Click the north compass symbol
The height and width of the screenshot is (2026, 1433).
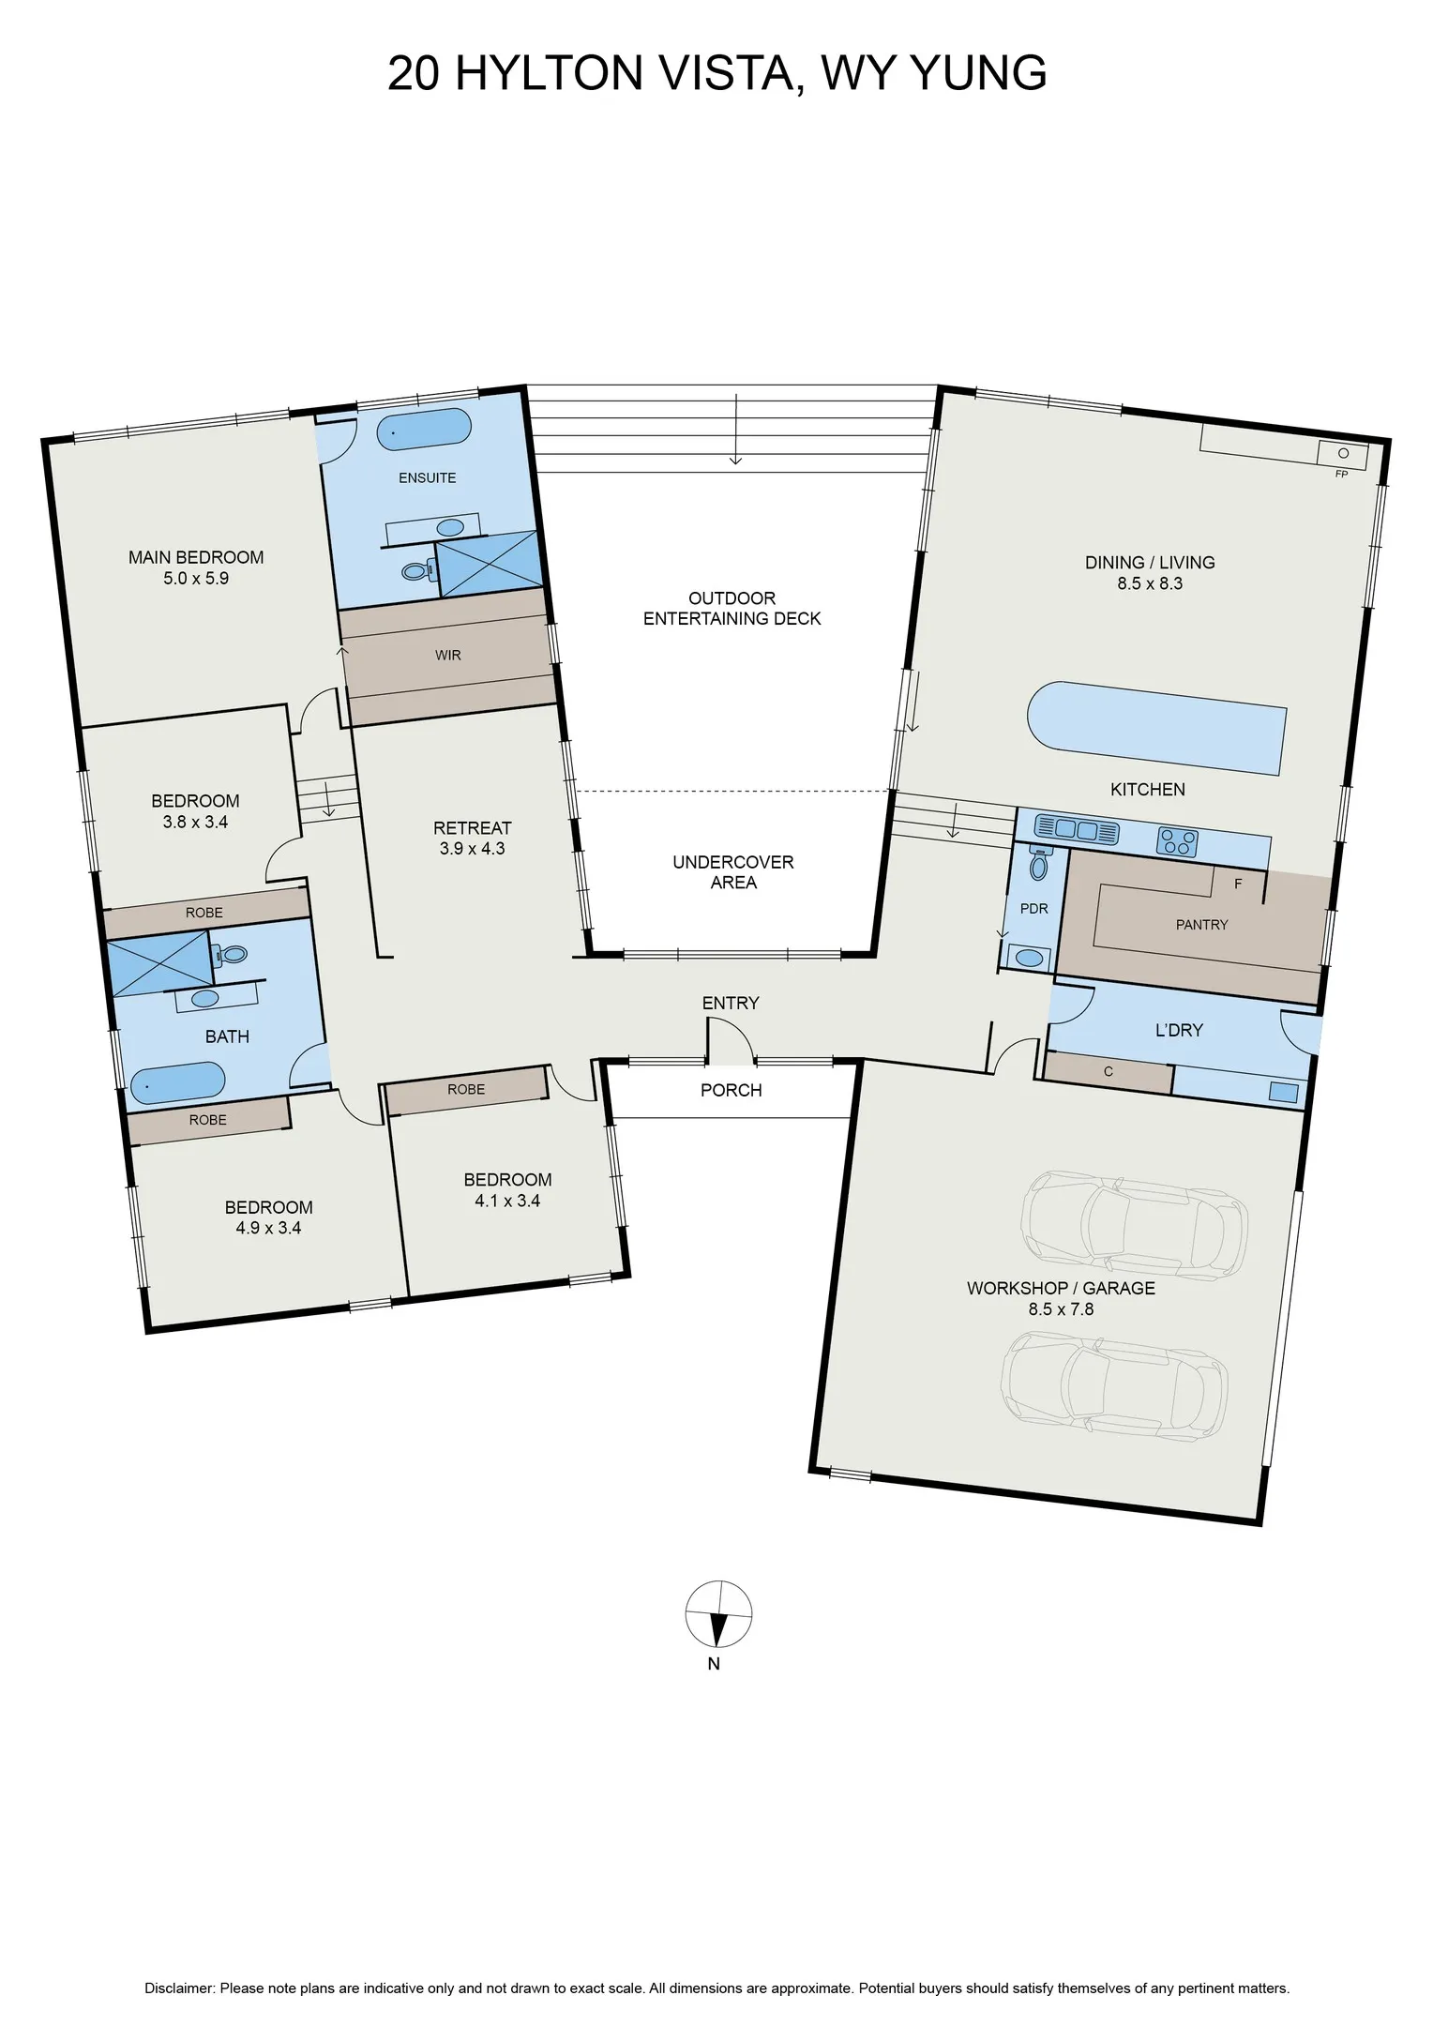click(718, 1614)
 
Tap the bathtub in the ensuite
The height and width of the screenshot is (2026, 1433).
click(424, 428)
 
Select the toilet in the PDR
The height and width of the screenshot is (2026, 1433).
click(1038, 863)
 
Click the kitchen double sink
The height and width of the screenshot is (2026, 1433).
click(1077, 829)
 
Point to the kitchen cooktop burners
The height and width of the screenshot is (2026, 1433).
click(1178, 840)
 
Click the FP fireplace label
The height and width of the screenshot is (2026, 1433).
click(1341, 475)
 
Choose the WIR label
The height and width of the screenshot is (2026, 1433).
click(448, 655)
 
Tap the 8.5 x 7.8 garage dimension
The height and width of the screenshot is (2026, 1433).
click(1061, 1309)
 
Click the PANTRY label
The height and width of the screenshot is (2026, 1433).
click(1201, 925)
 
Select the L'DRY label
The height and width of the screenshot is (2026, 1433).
click(1179, 1030)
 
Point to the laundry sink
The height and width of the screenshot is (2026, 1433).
click(1283, 1092)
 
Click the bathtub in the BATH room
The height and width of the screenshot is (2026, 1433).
click(177, 1081)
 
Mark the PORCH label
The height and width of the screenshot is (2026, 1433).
click(732, 1090)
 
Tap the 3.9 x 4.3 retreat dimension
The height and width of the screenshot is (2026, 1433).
click(472, 849)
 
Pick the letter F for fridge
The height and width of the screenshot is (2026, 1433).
click(1238, 884)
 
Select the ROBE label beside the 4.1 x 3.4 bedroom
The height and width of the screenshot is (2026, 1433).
click(466, 1089)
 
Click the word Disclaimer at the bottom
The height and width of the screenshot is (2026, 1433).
click(180, 1988)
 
